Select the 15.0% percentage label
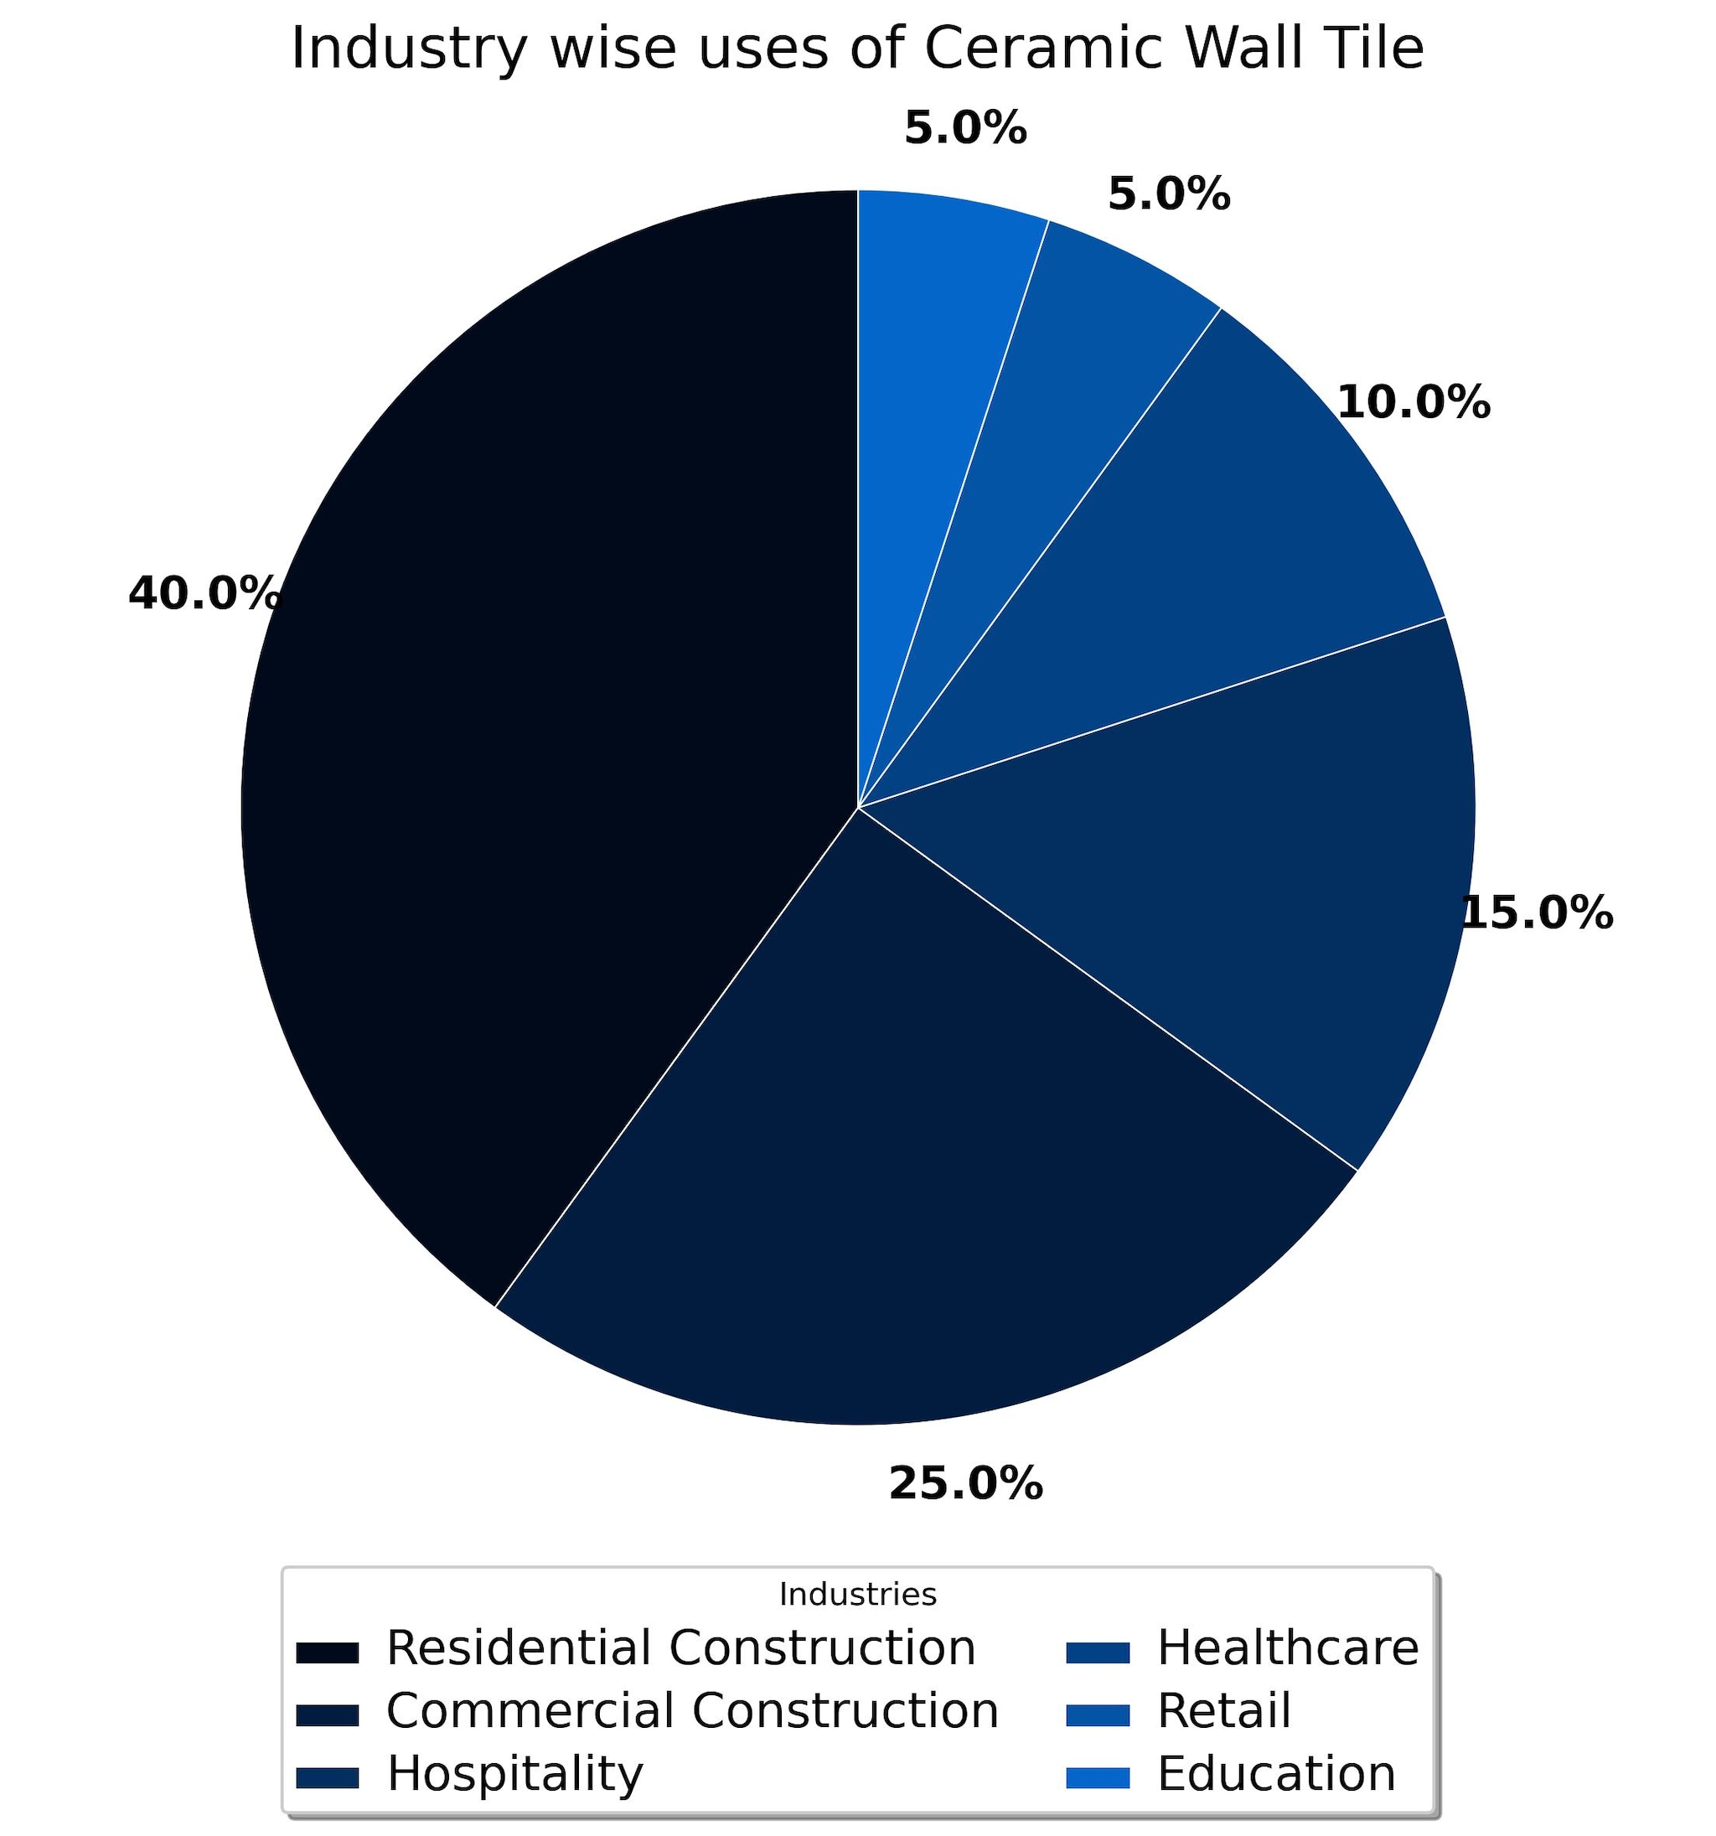pos(1538,913)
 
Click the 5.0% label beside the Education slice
pos(965,127)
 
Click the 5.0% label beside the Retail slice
pos(1169,194)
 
